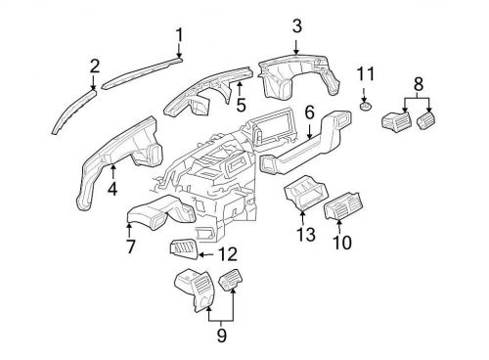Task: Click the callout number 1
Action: [180, 36]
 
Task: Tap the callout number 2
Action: [95, 66]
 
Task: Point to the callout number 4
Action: [113, 187]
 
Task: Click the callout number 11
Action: [365, 74]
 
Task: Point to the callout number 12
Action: [227, 254]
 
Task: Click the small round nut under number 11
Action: [364, 107]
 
